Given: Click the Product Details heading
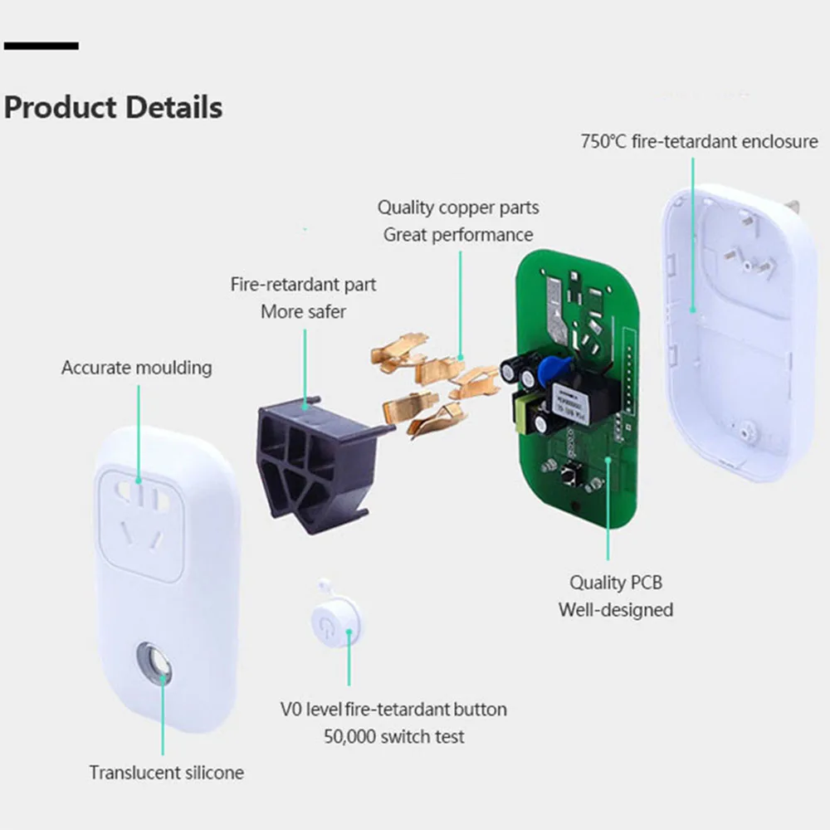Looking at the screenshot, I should (x=114, y=108).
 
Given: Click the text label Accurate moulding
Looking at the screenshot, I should (x=136, y=367).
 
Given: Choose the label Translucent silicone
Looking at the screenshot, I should (x=167, y=772).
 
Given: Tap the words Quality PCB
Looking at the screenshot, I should (x=615, y=583).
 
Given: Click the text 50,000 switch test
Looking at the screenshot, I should (x=393, y=736).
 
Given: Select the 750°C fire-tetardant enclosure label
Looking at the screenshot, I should (x=699, y=141).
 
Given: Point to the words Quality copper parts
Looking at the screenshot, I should (x=458, y=207).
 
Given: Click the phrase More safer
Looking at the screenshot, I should (x=303, y=311).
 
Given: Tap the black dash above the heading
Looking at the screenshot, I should (x=41, y=46).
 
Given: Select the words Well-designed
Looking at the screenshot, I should (x=615, y=610).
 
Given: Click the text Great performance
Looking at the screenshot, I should (x=458, y=235).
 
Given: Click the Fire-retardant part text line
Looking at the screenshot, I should (x=303, y=285).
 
